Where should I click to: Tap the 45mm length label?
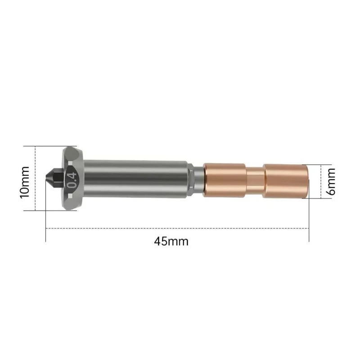click(x=171, y=241)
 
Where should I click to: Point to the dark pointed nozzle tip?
click(x=53, y=179)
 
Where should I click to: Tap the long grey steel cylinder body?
click(x=135, y=179)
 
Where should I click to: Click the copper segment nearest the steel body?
click(x=224, y=180)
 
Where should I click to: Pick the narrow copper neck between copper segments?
click(x=255, y=180)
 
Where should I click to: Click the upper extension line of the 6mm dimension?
click(x=315, y=164)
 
